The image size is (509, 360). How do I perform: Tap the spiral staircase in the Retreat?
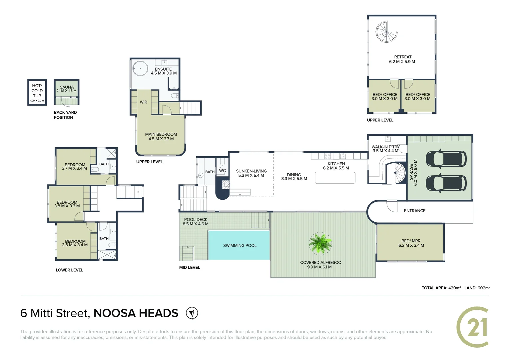pos(386,32)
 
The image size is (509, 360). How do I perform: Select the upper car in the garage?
pos(446,159)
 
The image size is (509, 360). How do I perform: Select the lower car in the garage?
pos(446,183)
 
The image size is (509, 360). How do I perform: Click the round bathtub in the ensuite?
pos(140,69)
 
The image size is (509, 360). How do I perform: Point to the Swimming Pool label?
pos(240,246)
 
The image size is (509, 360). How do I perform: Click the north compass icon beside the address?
pos(192,313)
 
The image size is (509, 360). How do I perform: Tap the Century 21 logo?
pos(473,327)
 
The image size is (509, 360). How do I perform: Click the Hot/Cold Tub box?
pos(37,92)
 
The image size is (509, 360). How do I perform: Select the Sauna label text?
pos(67,87)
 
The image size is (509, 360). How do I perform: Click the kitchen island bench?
pos(335,178)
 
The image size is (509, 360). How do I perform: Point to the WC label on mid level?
pos(222,171)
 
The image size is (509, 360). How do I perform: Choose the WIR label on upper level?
pos(143,102)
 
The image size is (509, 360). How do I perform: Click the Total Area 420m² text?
pos(441,288)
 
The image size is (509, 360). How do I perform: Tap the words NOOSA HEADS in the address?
pos(136,313)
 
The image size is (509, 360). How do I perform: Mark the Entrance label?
pos(414,211)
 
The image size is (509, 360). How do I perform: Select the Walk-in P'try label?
pos(385,147)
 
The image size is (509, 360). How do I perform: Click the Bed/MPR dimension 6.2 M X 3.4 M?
pos(411,246)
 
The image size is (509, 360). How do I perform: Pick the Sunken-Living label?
pos(251,171)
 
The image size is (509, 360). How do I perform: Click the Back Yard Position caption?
pos(65,115)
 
